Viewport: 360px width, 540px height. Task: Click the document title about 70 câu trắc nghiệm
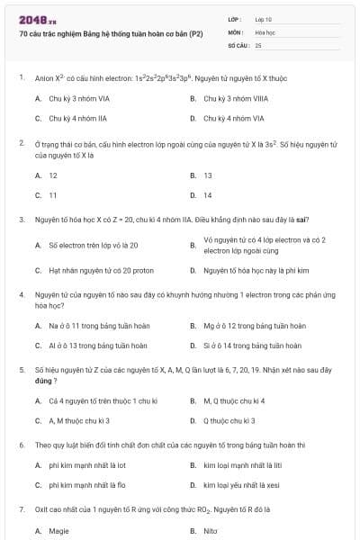tap(111, 32)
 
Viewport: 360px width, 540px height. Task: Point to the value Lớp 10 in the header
tap(264, 19)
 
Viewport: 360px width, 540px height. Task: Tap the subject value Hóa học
tap(265, 31)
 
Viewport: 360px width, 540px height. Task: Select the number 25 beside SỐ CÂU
tap(258, 44)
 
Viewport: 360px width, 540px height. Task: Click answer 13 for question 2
tap(208, 175)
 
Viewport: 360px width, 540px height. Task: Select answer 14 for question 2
tap(208, 194)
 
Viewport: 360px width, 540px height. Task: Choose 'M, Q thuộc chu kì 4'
tap(234, 400)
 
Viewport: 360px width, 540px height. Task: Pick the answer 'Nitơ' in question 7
tap(211, 531)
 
